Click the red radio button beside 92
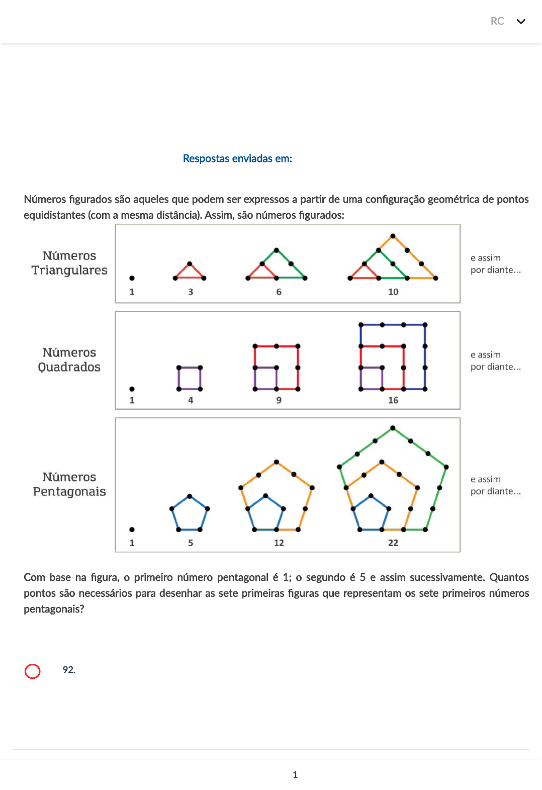[33, 671]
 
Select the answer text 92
[69, 670]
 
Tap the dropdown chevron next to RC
[521, 21]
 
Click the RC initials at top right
[497, 21]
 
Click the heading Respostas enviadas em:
[237, 158]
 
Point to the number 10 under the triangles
[393, 292]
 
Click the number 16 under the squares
[393, 400]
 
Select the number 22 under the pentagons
[393, 543]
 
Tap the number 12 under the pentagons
[279, 543]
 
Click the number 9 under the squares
[279, 400]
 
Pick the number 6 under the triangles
[279, 292]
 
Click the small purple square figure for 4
[190, 378]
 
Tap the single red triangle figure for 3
[190, 272]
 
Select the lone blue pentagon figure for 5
[190, 514]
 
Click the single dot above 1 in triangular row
[132, 278]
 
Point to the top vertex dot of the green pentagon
[393, 428]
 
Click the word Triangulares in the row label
[69, 271]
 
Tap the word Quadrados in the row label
[69, 367]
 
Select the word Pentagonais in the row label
[69, 491]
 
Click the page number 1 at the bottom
[295, 775]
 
